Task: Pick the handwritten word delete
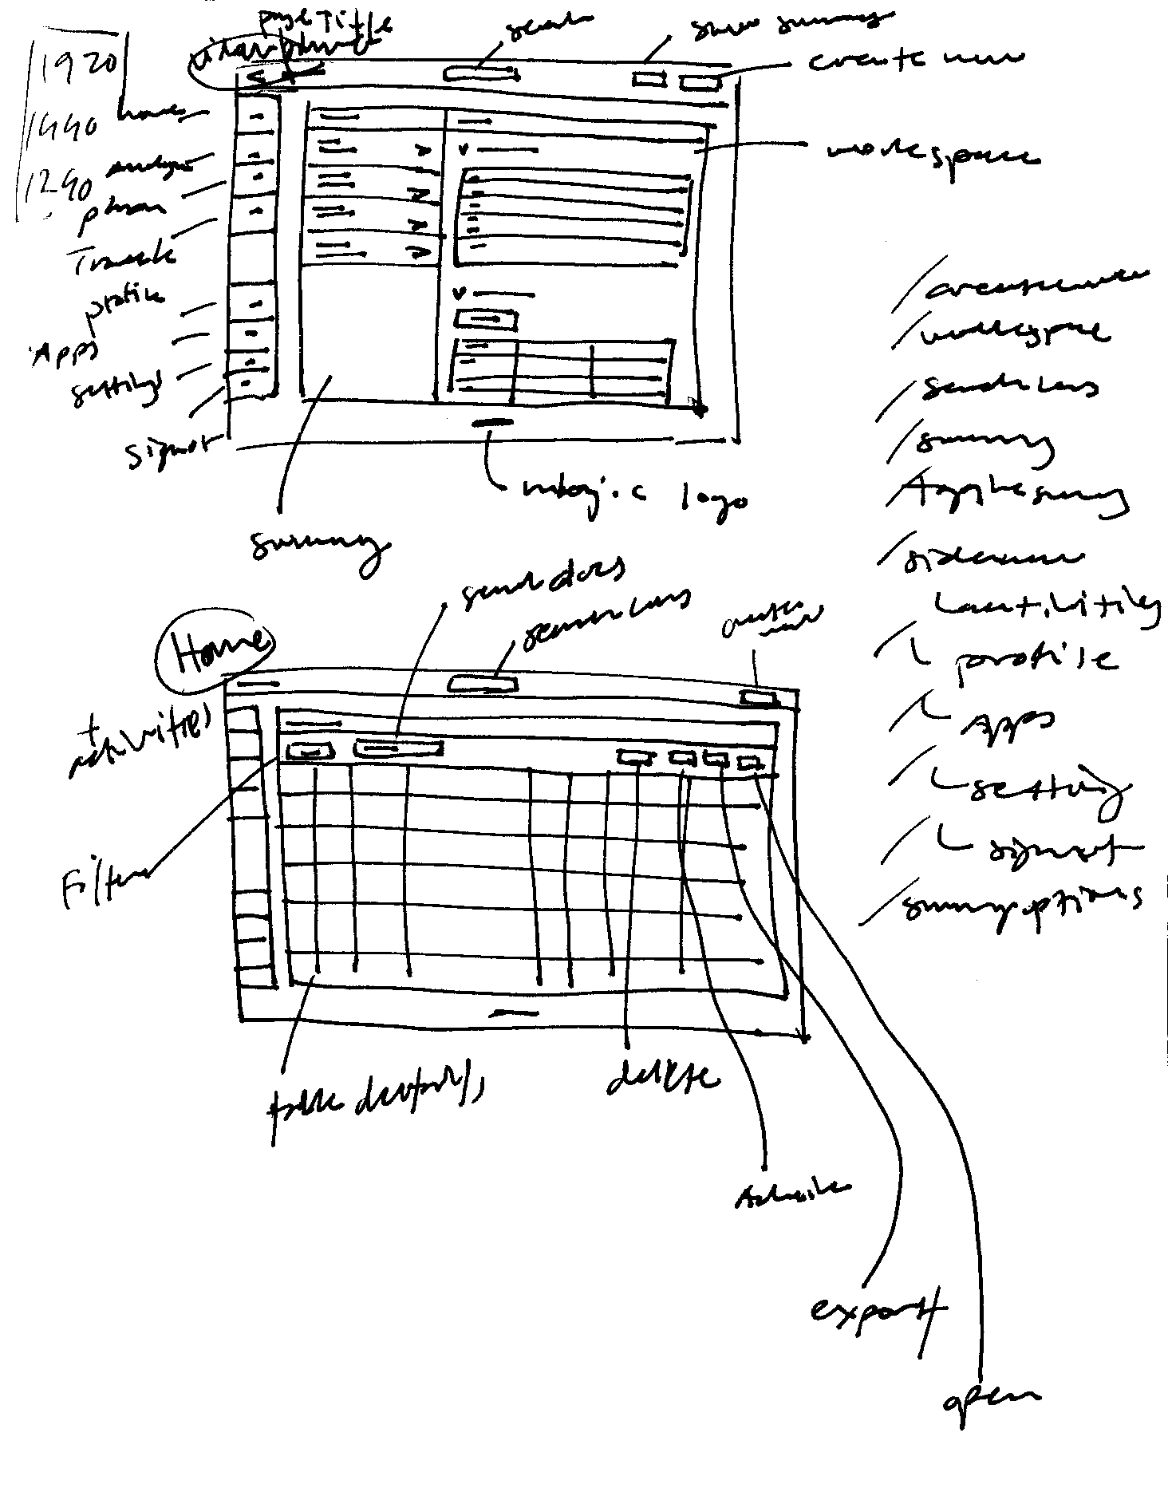(661, 1077)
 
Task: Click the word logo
(714, 499)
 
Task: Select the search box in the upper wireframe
(481, 75)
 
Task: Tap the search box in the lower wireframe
(483, 684)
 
